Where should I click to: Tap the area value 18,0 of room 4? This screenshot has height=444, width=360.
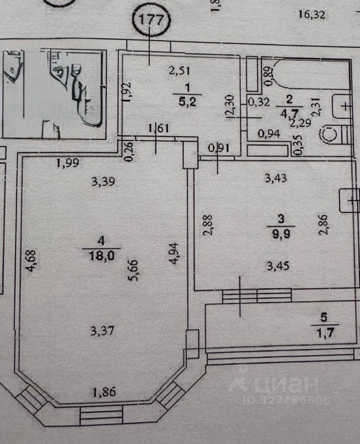(101, 256)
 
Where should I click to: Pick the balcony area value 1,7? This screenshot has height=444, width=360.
(324, 331)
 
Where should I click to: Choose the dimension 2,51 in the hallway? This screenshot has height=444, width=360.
(180, 71)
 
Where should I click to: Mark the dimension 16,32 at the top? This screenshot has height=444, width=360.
(311, 15)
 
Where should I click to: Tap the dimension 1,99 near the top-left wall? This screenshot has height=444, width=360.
(68, 162)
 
